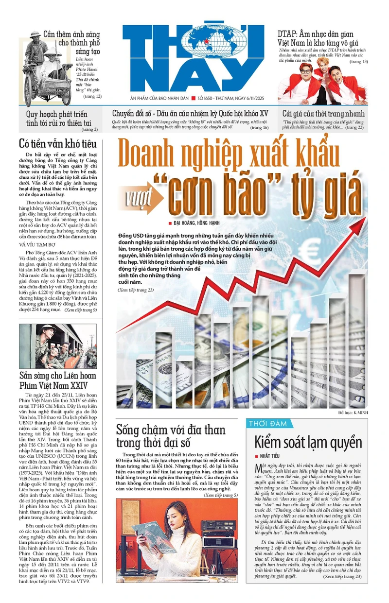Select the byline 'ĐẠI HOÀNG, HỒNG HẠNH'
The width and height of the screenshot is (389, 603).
pyautogui.click(x=197, y=223)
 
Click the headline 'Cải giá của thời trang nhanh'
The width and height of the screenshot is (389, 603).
pyautogui.click(x=323, y=114)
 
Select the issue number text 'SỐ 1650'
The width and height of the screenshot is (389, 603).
pyautogui.click(x=208, y=98)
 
